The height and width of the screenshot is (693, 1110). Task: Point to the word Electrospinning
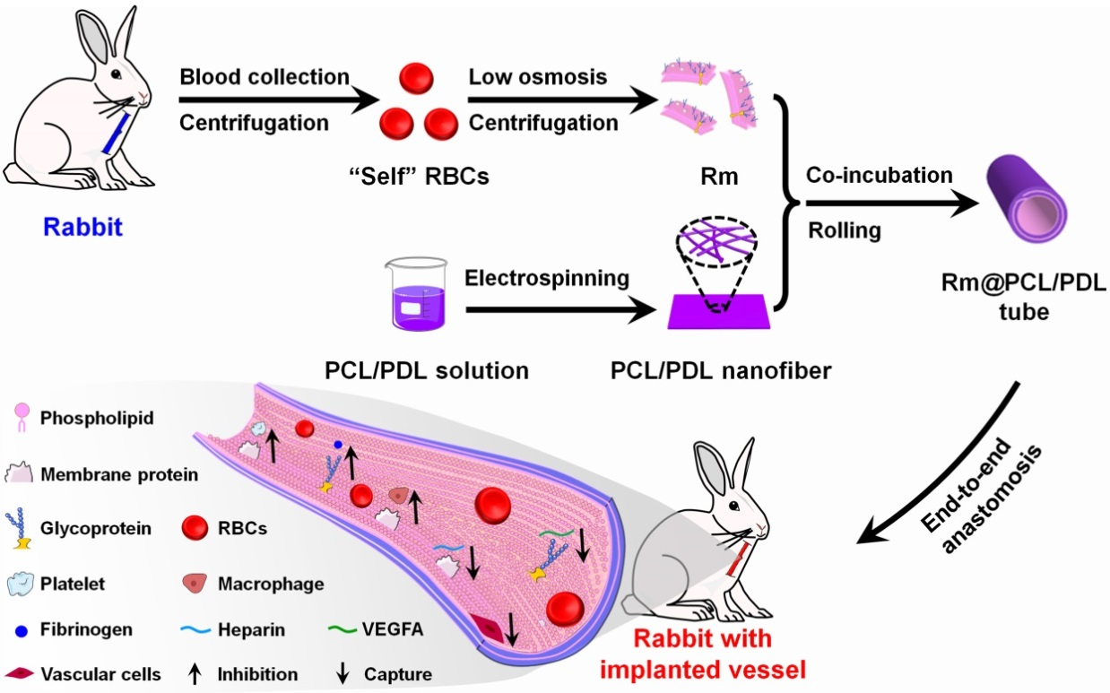(x=546, y=279)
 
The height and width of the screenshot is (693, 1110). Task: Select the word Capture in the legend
(x=399, y=674)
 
